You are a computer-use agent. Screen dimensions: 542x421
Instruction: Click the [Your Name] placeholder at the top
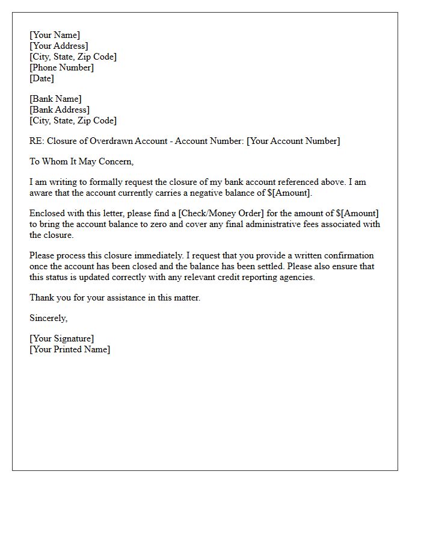55,35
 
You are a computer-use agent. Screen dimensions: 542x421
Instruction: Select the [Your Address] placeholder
59,46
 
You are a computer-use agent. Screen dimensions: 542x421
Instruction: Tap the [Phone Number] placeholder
62,67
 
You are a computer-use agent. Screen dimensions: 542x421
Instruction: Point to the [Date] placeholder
41,78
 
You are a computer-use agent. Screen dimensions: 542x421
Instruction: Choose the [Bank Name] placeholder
55,99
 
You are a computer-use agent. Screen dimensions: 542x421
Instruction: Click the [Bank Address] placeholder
60,110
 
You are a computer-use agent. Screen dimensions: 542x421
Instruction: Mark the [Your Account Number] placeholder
293,141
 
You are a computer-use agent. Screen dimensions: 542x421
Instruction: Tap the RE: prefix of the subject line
37,141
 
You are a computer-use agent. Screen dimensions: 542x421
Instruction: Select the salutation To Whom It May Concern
81,161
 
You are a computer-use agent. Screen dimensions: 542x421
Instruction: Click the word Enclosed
48,213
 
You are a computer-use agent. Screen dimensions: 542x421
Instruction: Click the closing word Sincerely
48,318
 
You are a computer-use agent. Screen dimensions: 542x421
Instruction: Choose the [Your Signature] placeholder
62,338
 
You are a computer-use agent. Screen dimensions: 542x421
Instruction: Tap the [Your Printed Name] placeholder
70,349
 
